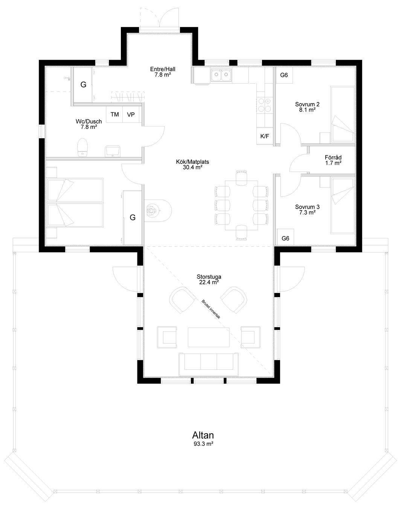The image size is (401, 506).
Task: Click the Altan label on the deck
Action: (203, 435)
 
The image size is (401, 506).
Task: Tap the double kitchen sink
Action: (221, 75)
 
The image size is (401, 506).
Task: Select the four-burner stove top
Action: (265, 105)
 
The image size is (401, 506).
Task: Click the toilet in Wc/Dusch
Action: (82, 147)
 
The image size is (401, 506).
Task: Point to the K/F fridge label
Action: (265, 136)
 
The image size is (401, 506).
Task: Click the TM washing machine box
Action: (114, 114)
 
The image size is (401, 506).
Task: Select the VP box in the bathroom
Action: (131, 114)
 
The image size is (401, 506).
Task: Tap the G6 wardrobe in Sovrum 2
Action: (284, 75)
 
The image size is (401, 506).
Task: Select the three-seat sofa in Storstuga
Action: (208, 364)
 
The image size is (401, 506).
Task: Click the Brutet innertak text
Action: (211, 309)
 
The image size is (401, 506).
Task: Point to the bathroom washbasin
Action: (113, 151)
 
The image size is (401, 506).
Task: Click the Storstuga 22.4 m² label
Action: (209, 279)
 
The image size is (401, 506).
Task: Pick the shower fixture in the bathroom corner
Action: (67, 78)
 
